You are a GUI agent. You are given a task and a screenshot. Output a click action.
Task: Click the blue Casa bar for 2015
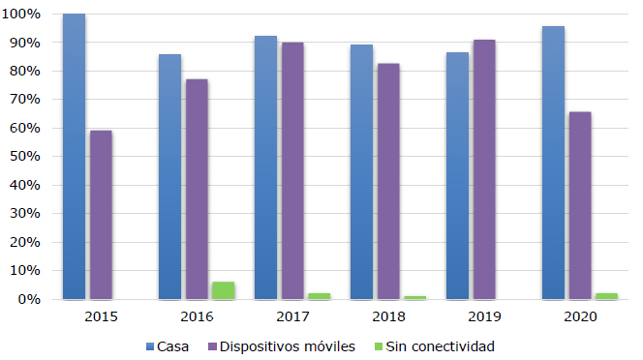point(74,156)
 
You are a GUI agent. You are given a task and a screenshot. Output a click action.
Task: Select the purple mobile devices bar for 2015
point(101,215)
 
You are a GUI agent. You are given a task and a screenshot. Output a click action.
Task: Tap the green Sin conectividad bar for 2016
point(223,290)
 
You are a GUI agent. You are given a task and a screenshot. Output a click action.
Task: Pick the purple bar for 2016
point(197,189)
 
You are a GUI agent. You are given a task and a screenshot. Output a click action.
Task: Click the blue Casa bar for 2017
point(265,167)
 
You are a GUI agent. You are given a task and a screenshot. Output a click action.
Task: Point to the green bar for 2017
point(319,296)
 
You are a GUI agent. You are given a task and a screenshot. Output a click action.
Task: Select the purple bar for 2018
point(388,181)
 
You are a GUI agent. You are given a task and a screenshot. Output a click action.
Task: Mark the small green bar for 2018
point(415,298)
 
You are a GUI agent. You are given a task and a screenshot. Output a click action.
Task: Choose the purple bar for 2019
point(484,169)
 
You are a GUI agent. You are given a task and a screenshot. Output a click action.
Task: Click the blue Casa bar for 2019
point(457,175)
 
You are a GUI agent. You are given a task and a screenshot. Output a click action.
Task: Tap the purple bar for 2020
point(580,205)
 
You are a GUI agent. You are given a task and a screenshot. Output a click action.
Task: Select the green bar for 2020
point(606,296)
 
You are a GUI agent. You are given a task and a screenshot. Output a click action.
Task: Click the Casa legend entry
point(168,346)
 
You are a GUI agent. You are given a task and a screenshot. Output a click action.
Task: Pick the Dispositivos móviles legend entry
point(282,346)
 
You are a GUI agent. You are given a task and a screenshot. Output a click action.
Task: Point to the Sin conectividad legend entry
point(435,346)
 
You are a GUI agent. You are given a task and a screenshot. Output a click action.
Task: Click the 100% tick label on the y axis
point(21,14)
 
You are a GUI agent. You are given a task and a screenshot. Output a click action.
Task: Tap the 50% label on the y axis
point(25,156)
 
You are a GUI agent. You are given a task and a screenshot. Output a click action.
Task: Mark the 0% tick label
point(29,299)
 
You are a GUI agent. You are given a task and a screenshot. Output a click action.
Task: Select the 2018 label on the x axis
point(388,316)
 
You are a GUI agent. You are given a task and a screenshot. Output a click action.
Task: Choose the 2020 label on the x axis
point(580,316)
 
